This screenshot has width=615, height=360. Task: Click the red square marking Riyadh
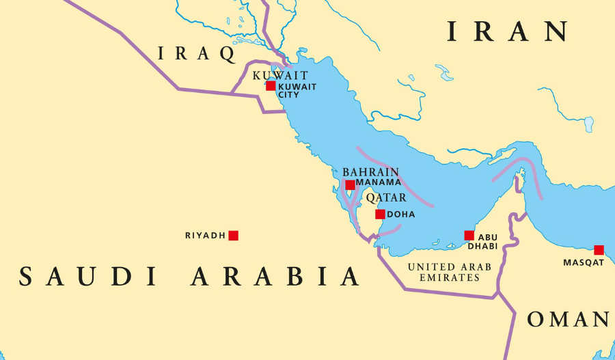(x=233, y=236)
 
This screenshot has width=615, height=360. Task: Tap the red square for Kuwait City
(x=271, y=86)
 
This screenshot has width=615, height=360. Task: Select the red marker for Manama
(x=350, y=185)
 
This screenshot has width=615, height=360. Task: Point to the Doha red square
(x=380, y=214)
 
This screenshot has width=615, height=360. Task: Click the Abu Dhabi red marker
(x=469, y=236)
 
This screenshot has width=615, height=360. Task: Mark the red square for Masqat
(x=599, y=250)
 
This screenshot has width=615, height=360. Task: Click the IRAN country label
(x=508, y=32)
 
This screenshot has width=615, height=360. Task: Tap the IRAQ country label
(x=197, y=53)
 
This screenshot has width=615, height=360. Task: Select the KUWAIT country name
(x=280, y=75)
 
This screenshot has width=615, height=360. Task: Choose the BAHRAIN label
(x=370, y=173)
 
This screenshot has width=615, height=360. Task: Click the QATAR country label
(x=385, y=198)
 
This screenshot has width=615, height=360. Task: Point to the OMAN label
(x=567, y=319)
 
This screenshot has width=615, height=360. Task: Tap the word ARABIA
(x=275, y=277)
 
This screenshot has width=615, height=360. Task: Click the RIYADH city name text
(x=205, y=236)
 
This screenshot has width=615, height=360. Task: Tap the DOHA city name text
(x=400, y=214)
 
